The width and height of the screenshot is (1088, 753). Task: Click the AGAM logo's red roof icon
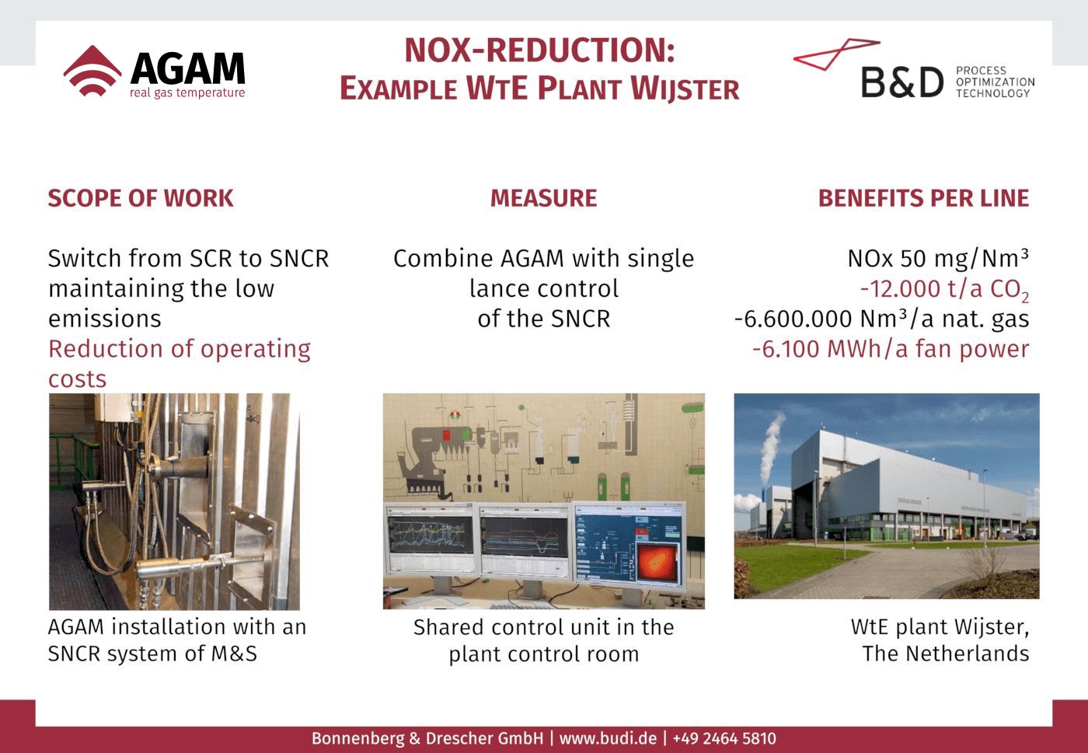(92, 71)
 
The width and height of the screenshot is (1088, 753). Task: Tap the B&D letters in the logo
(902, 82)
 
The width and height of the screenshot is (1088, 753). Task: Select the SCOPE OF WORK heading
(141, 198)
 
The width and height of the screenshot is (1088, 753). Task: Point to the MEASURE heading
(543, 198)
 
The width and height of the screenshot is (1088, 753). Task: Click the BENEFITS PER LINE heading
(923, 198)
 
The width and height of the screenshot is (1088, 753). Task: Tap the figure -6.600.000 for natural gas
(793, 319)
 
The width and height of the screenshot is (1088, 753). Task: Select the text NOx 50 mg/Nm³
(938, 258)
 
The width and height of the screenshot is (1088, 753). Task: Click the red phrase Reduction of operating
(180, 350)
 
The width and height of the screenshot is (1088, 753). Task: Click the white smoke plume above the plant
(771, 446)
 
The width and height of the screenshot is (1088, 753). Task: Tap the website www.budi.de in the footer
(608, 738)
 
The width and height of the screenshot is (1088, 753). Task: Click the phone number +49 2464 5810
(724, 738)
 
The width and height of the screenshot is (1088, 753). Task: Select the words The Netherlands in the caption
(946, 654)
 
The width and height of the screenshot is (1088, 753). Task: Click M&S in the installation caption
(234, 654)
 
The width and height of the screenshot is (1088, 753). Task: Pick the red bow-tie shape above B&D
(836, 54)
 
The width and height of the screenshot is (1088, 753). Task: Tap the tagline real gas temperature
(187, 92)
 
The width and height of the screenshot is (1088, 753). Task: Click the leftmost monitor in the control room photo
(431, 538)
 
